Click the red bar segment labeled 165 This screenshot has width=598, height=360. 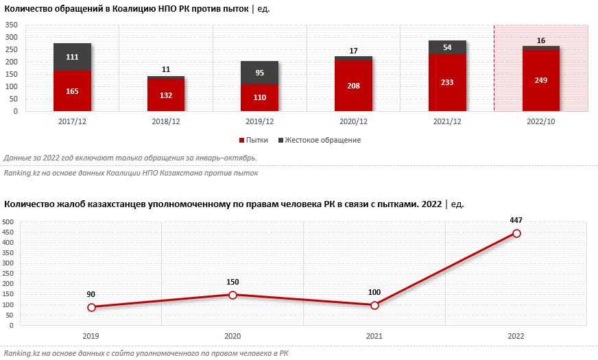72,91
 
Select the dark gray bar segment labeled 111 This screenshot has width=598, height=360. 72,57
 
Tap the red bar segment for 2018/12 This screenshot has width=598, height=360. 166,95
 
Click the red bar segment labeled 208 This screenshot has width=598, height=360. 354,85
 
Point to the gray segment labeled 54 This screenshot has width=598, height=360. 447,47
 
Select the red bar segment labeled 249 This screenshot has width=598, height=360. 541,80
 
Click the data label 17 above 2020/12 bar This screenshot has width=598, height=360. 354,51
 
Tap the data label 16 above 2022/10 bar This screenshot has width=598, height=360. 541,40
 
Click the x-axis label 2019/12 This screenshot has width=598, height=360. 260,121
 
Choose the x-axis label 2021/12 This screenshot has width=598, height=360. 447,121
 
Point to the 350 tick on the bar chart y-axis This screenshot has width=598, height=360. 12,25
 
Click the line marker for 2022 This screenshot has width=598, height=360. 516,233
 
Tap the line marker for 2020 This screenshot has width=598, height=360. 232,295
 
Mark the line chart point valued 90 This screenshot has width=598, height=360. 91,307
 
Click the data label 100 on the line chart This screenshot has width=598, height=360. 374,293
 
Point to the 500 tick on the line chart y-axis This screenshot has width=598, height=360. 8,222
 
